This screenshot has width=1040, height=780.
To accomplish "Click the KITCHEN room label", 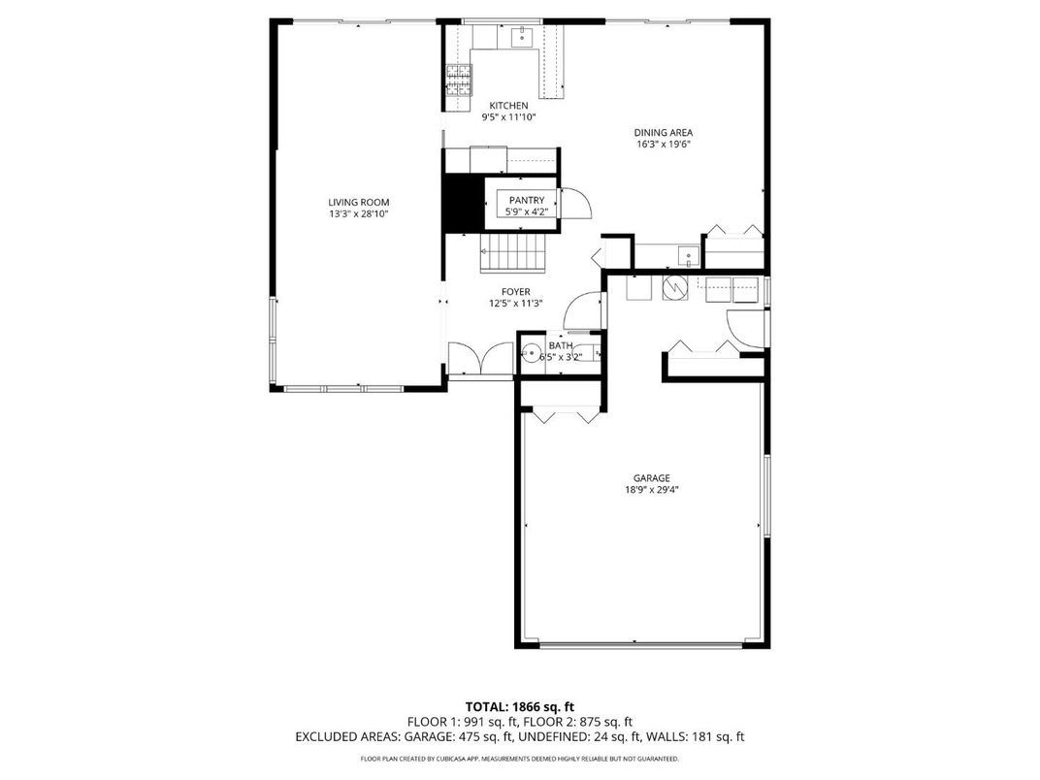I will (508, 106).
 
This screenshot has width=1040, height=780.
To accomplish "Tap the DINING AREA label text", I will (663, 133).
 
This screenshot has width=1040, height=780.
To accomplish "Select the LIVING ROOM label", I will (358, 202).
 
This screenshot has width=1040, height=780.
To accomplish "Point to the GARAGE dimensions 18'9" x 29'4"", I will (651, 490).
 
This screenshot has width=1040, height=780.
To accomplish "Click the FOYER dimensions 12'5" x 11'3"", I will (515, 303).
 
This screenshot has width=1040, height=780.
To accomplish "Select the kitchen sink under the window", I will (522, 38).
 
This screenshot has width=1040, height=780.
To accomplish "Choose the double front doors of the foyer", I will (480, 358).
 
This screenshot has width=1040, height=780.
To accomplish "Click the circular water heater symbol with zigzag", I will (673, 287).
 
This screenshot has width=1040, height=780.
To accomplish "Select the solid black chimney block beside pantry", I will (463, 203).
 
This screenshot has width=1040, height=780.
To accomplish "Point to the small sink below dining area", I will (688, 257).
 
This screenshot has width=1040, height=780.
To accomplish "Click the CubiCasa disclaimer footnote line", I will (519, 759).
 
